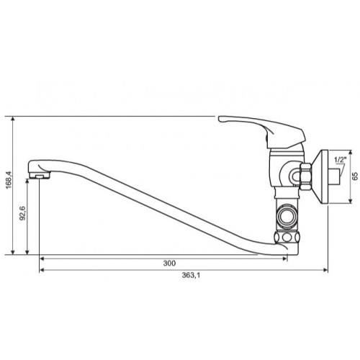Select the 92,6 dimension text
click(22, 215)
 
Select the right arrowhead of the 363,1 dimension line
click(330, 270)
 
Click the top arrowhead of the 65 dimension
click(349, 152)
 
